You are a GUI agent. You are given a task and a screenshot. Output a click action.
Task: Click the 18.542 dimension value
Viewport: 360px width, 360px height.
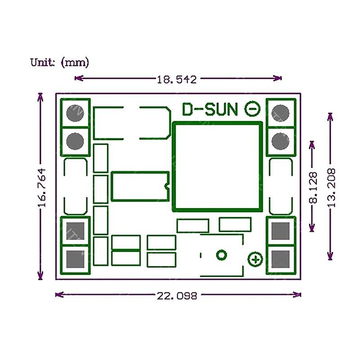(177, 80)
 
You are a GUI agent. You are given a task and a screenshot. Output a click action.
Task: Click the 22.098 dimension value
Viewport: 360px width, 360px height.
(177, 296)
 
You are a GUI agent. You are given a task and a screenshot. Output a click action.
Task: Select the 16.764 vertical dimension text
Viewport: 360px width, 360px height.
(42, 187)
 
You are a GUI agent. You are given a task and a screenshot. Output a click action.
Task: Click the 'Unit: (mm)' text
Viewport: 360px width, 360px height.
(59, 62)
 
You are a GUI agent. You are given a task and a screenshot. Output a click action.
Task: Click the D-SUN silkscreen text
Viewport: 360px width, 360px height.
(210, 109)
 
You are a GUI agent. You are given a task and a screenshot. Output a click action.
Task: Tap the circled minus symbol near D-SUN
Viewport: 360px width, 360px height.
(252, 108)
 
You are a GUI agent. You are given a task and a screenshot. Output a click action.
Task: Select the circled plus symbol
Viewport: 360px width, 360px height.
(255, 259)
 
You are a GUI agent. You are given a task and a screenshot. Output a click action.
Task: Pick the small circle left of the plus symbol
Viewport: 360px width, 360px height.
(221, 255)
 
